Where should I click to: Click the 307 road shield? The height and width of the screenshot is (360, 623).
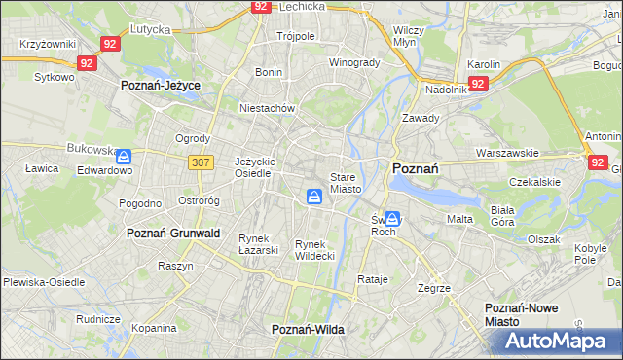(202, 162)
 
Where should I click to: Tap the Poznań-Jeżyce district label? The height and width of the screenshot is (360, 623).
(161, 86)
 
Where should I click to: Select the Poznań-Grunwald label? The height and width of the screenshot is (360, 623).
(174, 234)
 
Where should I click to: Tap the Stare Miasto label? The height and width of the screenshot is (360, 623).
(346, 183)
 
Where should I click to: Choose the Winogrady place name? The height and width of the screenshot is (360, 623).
(354, 62)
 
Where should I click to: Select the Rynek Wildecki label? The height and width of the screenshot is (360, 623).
(315, 250)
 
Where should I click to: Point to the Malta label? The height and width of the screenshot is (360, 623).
(459, 219)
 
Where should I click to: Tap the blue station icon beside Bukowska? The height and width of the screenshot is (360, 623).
(126, 155)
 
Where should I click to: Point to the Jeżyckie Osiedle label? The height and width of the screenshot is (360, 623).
(256, 167)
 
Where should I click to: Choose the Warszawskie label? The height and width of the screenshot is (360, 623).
(507, 153)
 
